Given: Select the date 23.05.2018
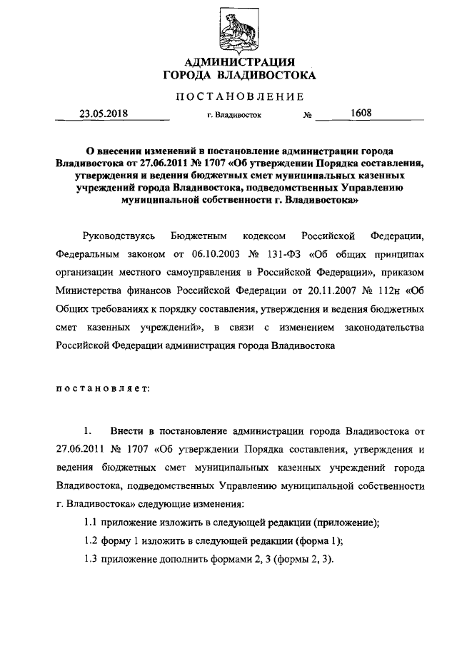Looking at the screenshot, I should click(103, 113).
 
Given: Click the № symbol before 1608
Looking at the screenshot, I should click(308, 114).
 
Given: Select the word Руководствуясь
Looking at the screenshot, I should click(116, 255).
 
